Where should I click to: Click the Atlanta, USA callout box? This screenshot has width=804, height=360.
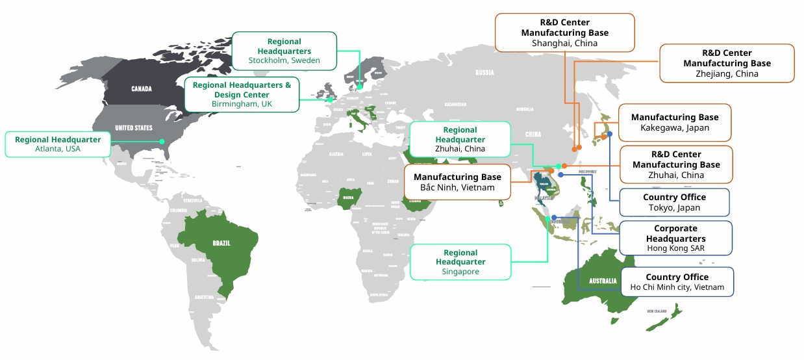[x=58, y=144]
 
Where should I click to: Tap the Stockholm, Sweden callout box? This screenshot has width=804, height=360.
[x=284, y=51]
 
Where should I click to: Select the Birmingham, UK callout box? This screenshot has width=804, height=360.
[x=242, y=94]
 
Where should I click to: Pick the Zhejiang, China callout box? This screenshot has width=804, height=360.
[x=727, y=63]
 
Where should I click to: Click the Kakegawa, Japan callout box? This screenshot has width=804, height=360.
[x=674, y=122]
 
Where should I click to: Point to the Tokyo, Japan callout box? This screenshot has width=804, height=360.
[x=674, y=202]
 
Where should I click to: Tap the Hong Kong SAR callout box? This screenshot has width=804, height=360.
[x=675, y=238]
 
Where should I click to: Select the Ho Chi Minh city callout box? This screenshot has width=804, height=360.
[x=677, y=282]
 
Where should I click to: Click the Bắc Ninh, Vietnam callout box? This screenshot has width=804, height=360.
[x=457, y=182]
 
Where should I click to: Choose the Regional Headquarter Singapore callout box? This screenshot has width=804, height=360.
[x=460, y=262]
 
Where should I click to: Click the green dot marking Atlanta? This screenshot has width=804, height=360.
[x=162, y=141]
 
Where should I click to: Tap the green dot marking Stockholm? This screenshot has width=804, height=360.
[x=360, y=86]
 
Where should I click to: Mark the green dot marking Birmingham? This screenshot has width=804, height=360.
[x=330, y=100]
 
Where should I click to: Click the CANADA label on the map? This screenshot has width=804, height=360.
[x=142, y=88]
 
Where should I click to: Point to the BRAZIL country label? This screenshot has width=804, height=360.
[x=221, y=243]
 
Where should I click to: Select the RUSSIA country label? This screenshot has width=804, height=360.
[x=484, y=72]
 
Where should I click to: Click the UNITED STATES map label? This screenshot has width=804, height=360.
[x=134, y=128]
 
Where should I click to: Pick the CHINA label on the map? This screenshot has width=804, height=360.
[x=533, y=135]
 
